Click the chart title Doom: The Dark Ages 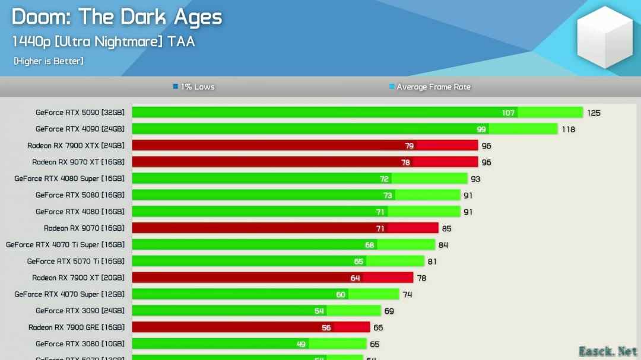coord(116,17)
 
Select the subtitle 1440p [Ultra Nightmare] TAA coord(103,41)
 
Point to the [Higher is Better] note coord(48,60)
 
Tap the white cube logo coord(605,37)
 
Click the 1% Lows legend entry coord(194,87)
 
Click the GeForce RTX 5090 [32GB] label coord(80,112)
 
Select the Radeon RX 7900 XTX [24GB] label coord(76,145)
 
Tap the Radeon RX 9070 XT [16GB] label coord(78,162)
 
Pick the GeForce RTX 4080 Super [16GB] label coord(69,179)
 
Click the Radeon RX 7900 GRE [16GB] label coord(77,327)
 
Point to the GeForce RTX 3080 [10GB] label coord(80,344)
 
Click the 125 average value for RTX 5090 coord(594,113)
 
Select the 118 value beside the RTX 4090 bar coord(568,129)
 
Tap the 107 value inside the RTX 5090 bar coord(508,113)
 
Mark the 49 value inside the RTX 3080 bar coord(301,344)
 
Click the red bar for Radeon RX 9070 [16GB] coord(285,228)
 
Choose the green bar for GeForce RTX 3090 coord(255,311)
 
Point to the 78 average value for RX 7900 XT coord(421,278)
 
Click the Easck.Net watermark coord(608,351)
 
